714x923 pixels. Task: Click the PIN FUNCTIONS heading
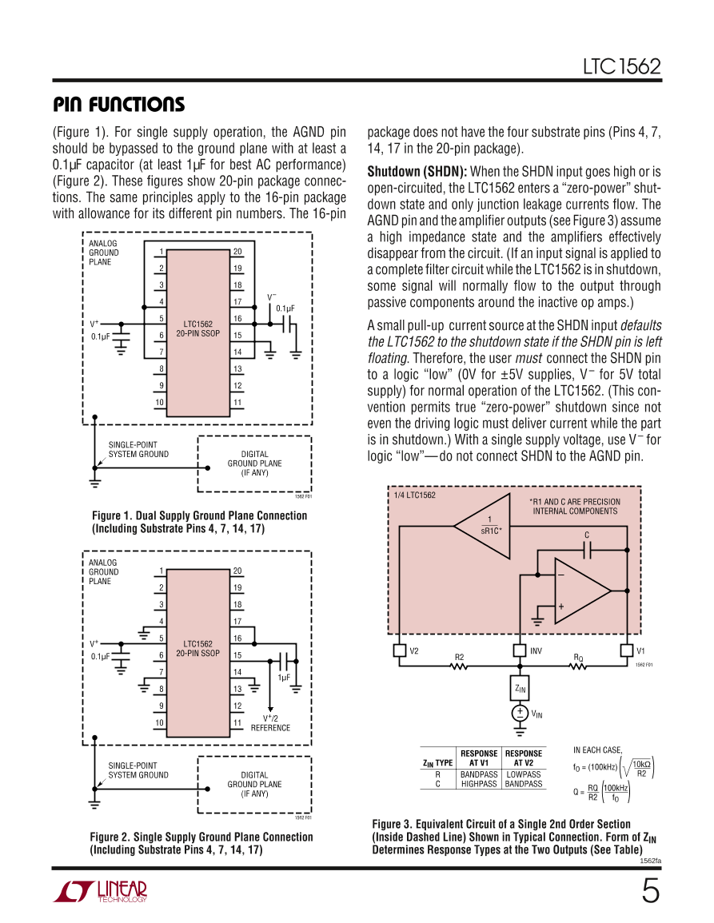click(118, 105)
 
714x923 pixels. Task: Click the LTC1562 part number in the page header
click(621, 67)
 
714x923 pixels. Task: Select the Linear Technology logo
click(100, 892)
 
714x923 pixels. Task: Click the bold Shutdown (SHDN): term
click(417, 172)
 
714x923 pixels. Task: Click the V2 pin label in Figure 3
click(414, 650)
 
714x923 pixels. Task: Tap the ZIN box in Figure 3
click(520, 687)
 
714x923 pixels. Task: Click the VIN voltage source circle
click(520, 714)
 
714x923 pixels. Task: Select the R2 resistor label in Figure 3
click(459, 657)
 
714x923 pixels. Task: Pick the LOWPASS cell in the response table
click(524, 774)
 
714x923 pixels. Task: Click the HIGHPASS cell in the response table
click(479, 784)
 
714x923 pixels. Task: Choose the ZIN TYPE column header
click(437, 763)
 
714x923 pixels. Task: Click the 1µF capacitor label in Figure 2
click(283, 677)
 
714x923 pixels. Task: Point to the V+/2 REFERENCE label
click(270, 722)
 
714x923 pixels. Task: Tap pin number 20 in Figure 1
click(237, 252)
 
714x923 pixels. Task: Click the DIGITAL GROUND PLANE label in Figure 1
click(254, 463)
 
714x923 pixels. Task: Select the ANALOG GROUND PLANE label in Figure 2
click(103, 571)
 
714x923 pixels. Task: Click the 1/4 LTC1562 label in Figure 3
click(415, 495)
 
